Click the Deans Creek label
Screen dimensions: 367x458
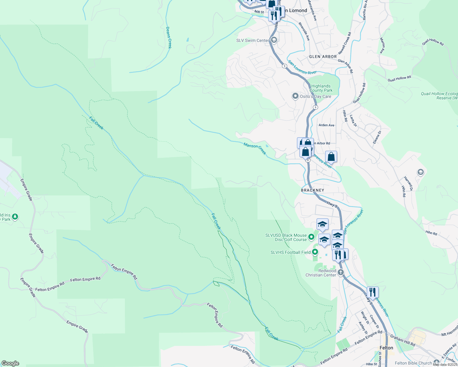point(169,37)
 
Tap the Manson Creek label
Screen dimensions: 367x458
point(255,149)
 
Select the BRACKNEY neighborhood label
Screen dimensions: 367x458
point(312,190)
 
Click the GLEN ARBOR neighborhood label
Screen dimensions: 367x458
point(323,57)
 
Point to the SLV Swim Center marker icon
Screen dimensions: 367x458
point(274,40)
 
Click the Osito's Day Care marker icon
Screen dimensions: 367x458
point(295,96)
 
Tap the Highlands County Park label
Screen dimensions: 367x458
point(321,88)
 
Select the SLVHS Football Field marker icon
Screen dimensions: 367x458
point(315,252)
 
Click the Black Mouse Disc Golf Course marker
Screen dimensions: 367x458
point(311,237)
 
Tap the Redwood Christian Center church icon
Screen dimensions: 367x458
point(340,272)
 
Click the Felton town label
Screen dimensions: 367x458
point(386,348)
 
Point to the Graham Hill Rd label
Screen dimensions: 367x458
point(402,340)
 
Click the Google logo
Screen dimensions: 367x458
point(10,363)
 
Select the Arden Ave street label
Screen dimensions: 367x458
point(326,125)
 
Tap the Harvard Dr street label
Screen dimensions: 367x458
point(408,183)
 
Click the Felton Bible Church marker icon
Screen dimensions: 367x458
point(436,363)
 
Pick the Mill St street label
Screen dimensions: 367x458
point(259,12)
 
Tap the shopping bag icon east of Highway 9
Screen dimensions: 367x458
point(331,157)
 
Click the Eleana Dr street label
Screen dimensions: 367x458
point(377,137)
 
